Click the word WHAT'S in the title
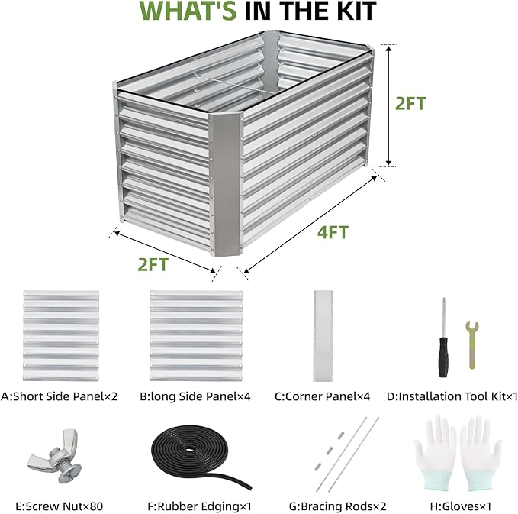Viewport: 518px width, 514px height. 201,12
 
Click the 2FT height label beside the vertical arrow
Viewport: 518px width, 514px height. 410,104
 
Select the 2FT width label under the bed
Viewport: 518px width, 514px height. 153,264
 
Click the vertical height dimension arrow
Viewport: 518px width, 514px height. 389,105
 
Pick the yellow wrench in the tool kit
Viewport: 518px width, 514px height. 472,344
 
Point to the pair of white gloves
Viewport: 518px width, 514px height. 451,454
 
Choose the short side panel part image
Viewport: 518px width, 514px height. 60,335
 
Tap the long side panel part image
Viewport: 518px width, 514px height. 195,335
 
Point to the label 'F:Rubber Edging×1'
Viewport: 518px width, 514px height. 198,506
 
